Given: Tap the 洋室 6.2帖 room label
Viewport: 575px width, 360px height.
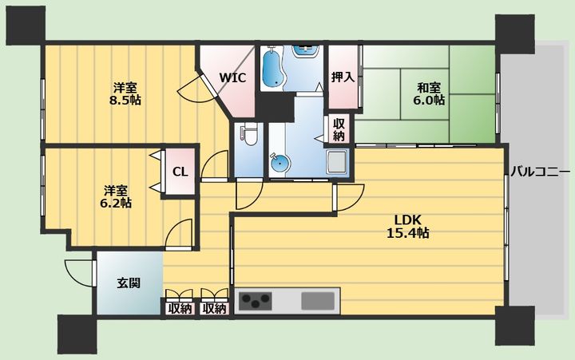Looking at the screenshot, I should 117,196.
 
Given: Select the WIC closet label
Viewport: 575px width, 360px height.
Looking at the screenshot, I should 232,77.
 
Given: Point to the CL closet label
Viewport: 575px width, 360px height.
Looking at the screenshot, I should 180,172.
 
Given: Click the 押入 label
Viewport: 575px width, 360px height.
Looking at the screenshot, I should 343,77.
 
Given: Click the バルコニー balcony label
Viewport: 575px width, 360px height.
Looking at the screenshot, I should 540,172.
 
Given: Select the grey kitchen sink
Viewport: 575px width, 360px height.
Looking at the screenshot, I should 319,301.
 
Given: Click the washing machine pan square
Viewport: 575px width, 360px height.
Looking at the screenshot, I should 335,162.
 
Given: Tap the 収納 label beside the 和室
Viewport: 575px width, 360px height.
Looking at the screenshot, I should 339,129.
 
